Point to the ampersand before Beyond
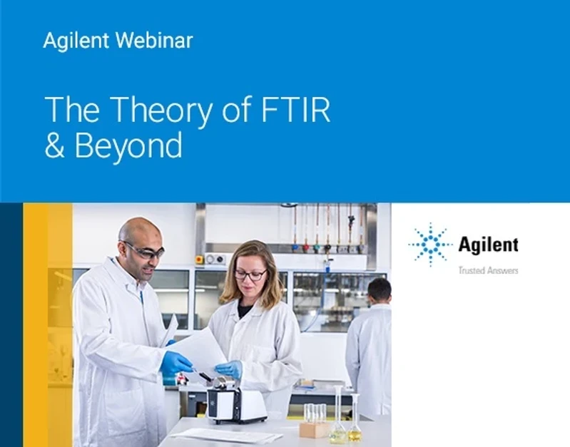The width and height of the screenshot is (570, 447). click(x=55, y=146)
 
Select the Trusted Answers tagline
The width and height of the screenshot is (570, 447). click(x=488, y=270)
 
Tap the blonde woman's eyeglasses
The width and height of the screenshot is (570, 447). click(x=250, y=274)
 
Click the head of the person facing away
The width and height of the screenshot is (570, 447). click(x=379, y=289)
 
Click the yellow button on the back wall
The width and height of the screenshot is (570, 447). click(x=200, y=258)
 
